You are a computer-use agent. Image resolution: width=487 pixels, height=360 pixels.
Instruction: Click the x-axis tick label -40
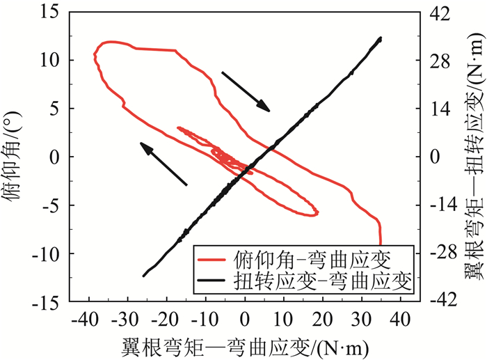pos(88,320)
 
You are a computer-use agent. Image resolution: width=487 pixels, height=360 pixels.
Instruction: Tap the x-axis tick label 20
pos(322,320)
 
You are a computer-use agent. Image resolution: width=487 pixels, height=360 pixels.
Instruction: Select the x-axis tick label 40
pos(399,320)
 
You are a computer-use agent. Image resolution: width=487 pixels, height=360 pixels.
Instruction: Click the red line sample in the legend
pos(213,260)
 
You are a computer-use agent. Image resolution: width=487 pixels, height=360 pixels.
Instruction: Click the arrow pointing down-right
pos(245,90)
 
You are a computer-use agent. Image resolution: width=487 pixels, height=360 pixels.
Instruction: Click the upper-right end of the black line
pos(381,39)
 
